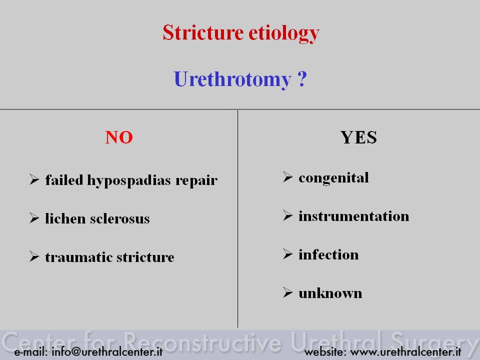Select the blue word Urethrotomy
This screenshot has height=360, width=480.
(232, 79)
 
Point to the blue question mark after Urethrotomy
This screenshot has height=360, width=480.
(302, 78)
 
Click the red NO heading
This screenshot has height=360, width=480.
(119, 137)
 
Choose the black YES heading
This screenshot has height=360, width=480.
(358, 137)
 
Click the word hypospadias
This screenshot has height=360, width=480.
(129, 180)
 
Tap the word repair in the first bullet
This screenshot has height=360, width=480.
(196, 181)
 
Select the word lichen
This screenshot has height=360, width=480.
(65, 218)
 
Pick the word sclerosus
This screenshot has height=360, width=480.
(119, 218)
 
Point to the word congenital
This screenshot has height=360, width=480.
(333, 178)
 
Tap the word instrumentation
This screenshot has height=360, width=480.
(353, 216)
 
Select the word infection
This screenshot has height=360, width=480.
(328, 254)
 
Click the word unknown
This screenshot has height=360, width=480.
(330, 293)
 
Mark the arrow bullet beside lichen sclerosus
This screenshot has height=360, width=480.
(34, 218)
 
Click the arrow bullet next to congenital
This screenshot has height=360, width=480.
(288, 177)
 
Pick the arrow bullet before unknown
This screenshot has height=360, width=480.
(288, 292)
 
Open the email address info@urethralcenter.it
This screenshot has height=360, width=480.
(107, 351)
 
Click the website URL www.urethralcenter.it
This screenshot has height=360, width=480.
(405, 351)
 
